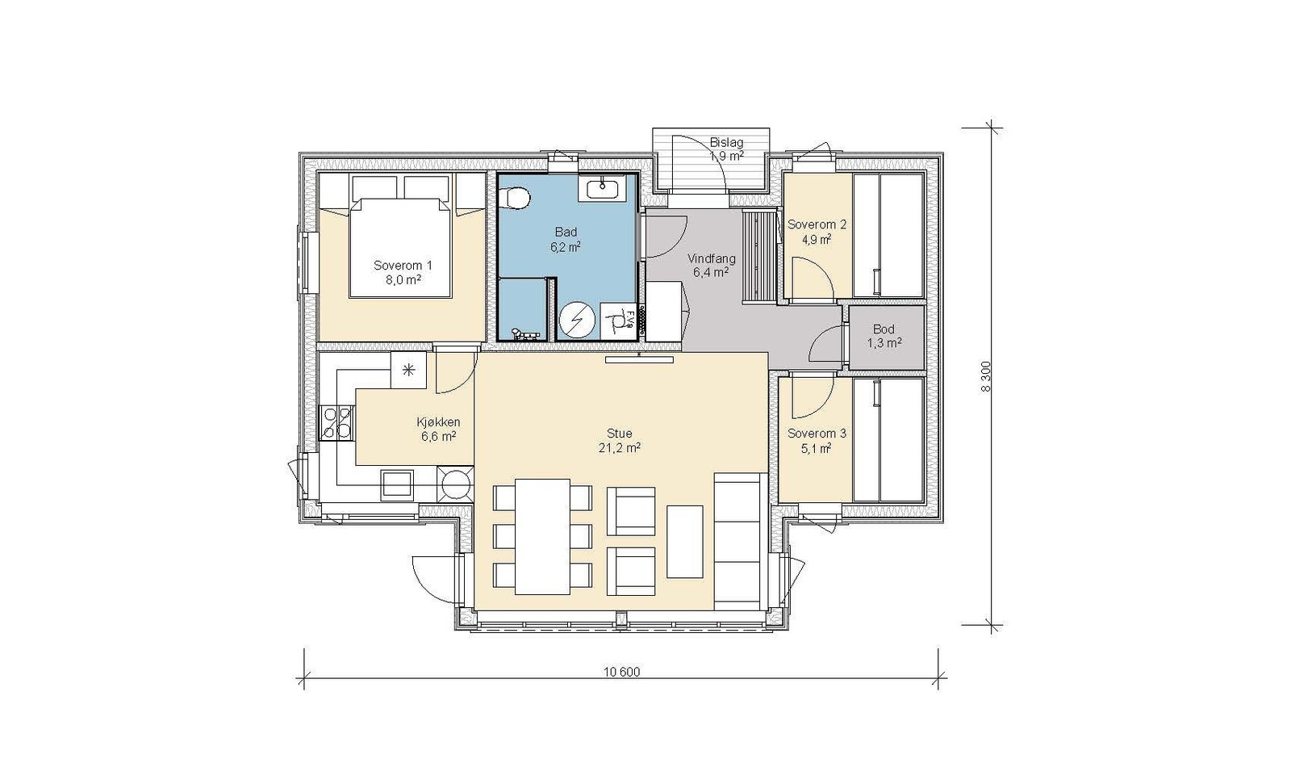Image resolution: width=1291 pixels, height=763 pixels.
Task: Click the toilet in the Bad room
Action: pyautogui.click(x=516, y=198)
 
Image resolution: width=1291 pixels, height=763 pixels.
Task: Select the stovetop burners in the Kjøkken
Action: pyautogui.click(x=337, y=422)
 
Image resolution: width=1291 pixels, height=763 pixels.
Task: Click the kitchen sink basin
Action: pyautogui.click(x=396, y=484)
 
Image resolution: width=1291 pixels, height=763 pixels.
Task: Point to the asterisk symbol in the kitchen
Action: pyautogui.click(x=408, y=371)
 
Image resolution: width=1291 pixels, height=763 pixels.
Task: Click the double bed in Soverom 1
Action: pyautogui.click(x=400, y=248)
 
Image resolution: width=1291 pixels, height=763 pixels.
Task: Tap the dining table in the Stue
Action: pyautogui.click(x=542, y=536)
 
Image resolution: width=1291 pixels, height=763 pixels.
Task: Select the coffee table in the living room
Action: pyautogui.click(x=685, y=542)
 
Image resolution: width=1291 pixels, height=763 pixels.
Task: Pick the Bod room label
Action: pyautogui.click(x=884, y=329)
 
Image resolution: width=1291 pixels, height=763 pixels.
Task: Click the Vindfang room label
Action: pyautogui.click(x=712, y=259)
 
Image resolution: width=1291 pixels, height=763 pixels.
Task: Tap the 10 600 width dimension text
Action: pyautogui.click(x=622, y=671)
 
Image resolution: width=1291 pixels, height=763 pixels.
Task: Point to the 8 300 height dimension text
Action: pyautogui.click(x=985, y=376)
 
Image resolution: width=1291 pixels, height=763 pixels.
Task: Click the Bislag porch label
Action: pyautogui.click(x=726, y=142)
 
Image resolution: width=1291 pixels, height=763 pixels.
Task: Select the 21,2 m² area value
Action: pyautogui.click(x=620, y=447)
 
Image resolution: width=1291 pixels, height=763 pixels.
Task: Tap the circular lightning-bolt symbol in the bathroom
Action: pyautogui.click(x=577, y=321)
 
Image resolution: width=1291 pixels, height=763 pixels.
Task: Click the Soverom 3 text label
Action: pyautogui.click(x=817, y=433)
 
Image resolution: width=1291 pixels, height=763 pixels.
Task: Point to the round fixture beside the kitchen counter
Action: pyautogui.click(x=455, y=484)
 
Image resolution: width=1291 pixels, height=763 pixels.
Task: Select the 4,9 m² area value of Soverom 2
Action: pyautogui.click(x=817, y=239)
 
